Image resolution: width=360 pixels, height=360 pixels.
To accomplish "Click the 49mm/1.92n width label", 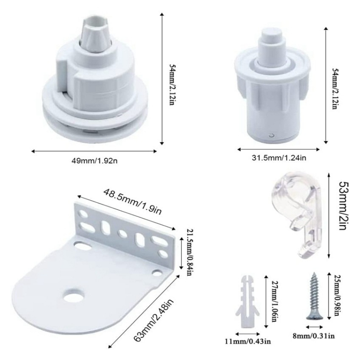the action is point(94,161).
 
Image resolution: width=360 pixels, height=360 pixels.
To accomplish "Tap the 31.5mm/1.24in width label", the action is point(279,158).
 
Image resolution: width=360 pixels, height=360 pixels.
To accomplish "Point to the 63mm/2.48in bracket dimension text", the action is point(153,320).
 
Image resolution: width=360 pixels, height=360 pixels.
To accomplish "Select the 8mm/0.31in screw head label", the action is point(313,336).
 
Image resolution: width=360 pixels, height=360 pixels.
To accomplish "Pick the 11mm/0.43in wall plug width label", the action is point(248,341).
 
